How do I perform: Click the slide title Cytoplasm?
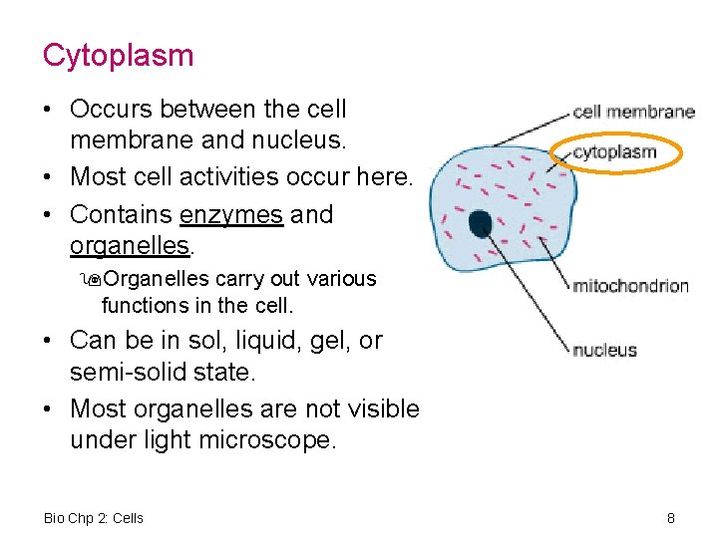[118, 56]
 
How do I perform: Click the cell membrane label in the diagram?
[633, 112]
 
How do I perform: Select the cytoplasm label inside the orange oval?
[614, 152]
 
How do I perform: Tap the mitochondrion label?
[630, 286]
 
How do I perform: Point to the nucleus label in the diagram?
[604, 350]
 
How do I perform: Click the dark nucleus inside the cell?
[481, 225]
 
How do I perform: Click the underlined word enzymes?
[231, 215]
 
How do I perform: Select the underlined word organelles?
[128, 245]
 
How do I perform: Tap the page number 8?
[671, 518]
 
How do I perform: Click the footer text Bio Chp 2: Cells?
[94, 518]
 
